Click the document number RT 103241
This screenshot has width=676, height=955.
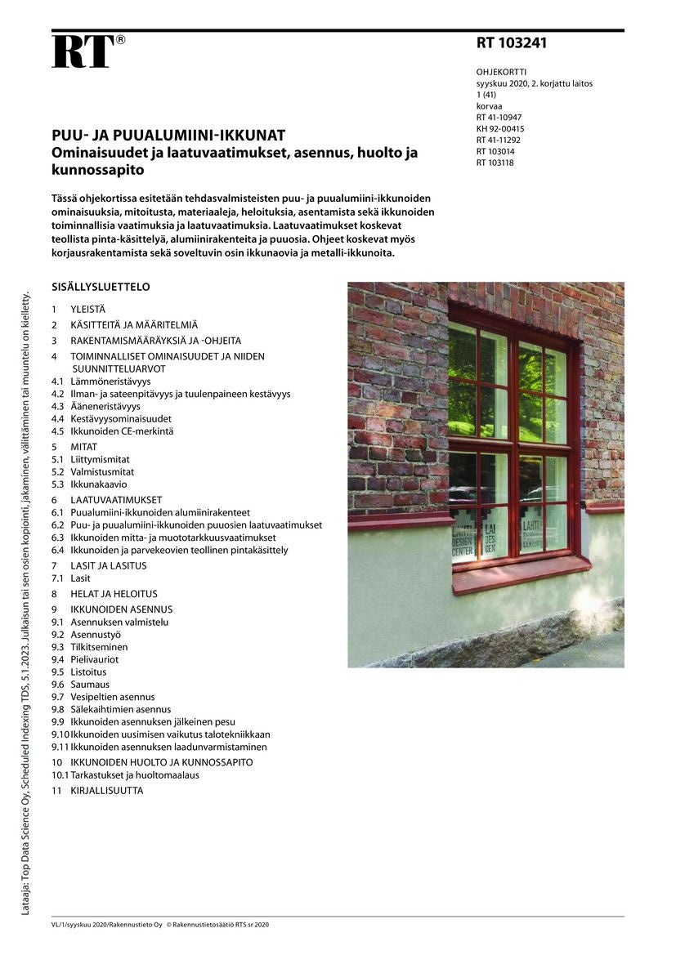point(512,43)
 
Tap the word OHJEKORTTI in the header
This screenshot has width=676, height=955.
point(501,72)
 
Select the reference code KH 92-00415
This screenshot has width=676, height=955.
point(500,128)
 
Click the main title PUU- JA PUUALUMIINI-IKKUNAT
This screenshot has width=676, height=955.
point(168,136)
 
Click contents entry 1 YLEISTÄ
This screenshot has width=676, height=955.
point(87,310)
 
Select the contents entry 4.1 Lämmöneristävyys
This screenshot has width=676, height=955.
point(110,382)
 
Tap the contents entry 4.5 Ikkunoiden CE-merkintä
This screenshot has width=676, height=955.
point(122,431)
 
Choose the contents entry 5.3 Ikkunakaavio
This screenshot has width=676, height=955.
point(100,484)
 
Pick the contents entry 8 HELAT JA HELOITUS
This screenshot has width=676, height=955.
point(114,594)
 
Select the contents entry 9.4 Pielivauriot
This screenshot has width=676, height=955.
point(94,659)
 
